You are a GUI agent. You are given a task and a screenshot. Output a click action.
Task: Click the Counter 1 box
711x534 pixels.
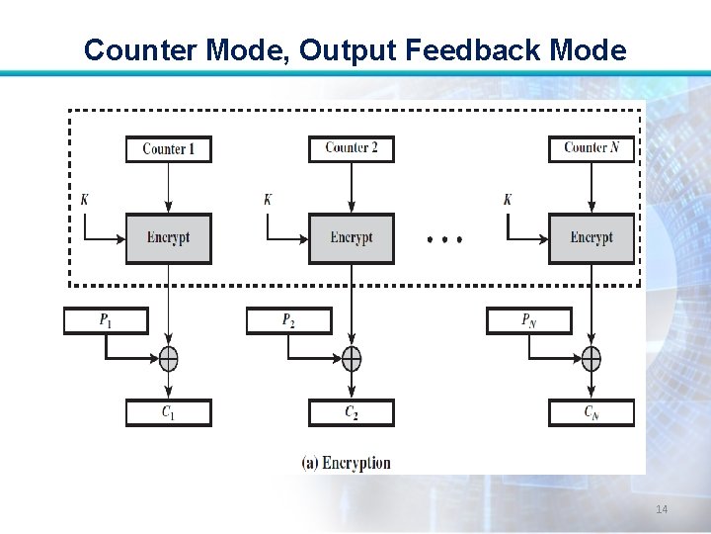[x=168, y=149]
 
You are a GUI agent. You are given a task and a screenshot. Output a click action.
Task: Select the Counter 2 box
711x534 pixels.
[x=351, y=148]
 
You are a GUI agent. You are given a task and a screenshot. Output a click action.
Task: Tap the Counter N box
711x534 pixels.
[x=591, y=148]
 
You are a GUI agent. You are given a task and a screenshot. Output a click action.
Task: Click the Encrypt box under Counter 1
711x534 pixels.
[x=168, y=238]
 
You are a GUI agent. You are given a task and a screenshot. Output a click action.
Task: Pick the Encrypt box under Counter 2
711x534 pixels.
[x=351, y=238]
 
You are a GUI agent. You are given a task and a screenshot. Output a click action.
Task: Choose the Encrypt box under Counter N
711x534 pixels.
[x=591, y=238]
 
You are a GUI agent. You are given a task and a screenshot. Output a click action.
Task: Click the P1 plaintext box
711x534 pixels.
[x=106, y=320]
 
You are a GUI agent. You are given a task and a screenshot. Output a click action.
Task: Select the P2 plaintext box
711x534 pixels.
[x=288, y=320]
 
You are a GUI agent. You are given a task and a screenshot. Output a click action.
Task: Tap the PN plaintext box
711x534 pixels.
[x=528, y=320]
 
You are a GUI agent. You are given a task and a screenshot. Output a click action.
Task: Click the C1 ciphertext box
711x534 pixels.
[x=168, y=412]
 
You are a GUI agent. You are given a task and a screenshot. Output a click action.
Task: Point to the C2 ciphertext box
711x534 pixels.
[x=351, y=412]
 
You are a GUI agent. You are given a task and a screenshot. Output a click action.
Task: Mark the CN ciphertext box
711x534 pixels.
[x=591, y=412]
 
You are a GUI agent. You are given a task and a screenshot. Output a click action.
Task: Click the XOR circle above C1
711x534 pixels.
[x=168, y=358]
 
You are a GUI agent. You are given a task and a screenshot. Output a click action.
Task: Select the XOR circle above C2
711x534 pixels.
[x=351, y=358]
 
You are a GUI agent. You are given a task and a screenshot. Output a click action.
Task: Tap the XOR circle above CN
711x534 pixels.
[x=591, y=358]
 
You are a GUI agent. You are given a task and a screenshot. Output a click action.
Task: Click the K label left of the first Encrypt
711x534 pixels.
[x=85, y=200]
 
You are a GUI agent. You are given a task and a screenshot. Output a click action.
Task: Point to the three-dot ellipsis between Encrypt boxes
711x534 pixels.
[x=444, y=239]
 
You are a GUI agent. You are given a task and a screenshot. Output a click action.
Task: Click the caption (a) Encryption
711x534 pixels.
[x=346, y=463]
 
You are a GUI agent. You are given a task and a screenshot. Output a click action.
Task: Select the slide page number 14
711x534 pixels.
[x=662, y=509]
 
